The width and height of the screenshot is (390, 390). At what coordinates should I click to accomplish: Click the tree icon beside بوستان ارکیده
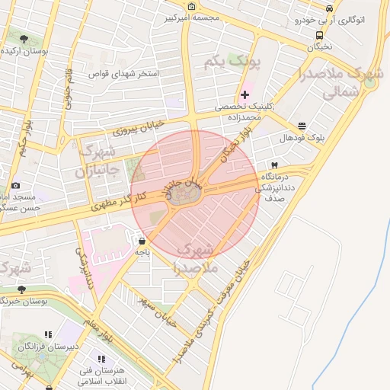pyautogui.click(x=24, y=38)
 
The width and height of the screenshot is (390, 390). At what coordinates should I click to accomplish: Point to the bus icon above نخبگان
pyautogui.click(x=318, y=34)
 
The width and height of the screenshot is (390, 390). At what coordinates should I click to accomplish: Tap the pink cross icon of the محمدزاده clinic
pyautogui.click(x=244, y=95)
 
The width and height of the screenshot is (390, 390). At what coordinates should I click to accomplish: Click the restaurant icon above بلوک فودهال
pyautogui.click(x=302, y=126)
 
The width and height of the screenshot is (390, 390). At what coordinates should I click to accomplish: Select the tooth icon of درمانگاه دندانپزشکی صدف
pyautogui.click(x=273, y=165)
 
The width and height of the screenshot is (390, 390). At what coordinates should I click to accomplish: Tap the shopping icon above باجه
pyautogui.click(x=142, y=241)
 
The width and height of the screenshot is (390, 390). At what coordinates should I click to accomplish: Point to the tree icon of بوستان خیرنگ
pyautogui.click(x=21, y=289)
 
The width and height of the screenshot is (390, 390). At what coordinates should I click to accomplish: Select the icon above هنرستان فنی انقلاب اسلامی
pyautogui.click(x=100, y=359)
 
